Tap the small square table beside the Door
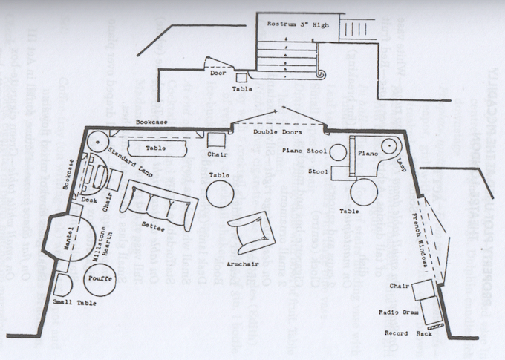pyautogui.click(x=241, y=77)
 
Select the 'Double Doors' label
pyautogui.click(x=274, y=133)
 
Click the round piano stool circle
pyautogui.click(x=337, y=153)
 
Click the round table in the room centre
pyautogui.click(x=219, y=194)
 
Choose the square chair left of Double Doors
pyautogui.click(x=216, y=140)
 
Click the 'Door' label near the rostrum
pyautogui.click(x=218, y=73)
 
